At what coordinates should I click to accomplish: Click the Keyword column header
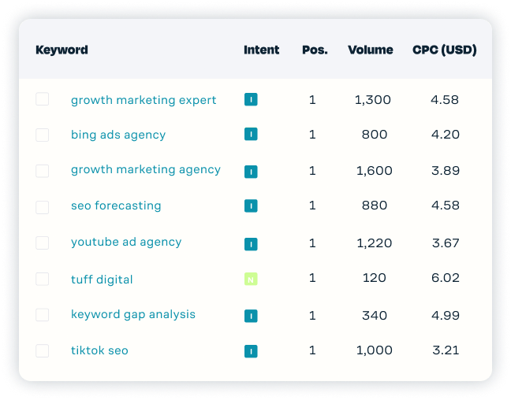tap(62, 50)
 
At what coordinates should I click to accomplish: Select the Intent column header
tap(261, 50)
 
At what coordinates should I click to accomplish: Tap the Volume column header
tap(370, 50)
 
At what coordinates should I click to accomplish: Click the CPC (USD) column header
tap(444, 50)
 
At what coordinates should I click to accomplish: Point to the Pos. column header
tap(315, 50)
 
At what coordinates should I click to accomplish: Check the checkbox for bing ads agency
tap(43, 135)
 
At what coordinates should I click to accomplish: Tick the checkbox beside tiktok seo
tap(43, 350)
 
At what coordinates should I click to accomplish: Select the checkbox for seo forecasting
tap(43, 206)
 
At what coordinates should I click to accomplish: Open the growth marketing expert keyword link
tap(144, 100)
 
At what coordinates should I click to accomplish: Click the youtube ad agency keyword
tap(126, 242)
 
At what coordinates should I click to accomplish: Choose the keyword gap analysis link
tap(133, 314)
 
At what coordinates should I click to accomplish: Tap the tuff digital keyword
tap(102, 279)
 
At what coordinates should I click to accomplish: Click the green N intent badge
tap(251, 279)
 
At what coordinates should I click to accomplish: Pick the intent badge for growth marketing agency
tap(251, 171)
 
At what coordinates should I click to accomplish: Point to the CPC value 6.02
tap(445, 277)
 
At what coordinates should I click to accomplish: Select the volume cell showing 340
tap(374, 315)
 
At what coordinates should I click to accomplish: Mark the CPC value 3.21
tap(445, 350)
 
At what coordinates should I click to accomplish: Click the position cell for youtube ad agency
tap(312, 243)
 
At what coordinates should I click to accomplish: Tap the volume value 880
tap(374, 206)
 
